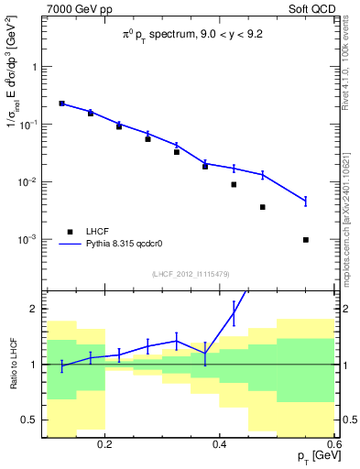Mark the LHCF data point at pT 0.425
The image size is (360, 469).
click(x=234, y=184)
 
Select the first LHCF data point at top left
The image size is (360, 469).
click(x=61, y=104)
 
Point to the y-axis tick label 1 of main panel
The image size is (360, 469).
click(x=35, y=67)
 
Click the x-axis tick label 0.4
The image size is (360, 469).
click(x=219, y=444)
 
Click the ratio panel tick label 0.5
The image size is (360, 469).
click(x=30, y=420)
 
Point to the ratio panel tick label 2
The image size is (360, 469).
click(x=35, y=310)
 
